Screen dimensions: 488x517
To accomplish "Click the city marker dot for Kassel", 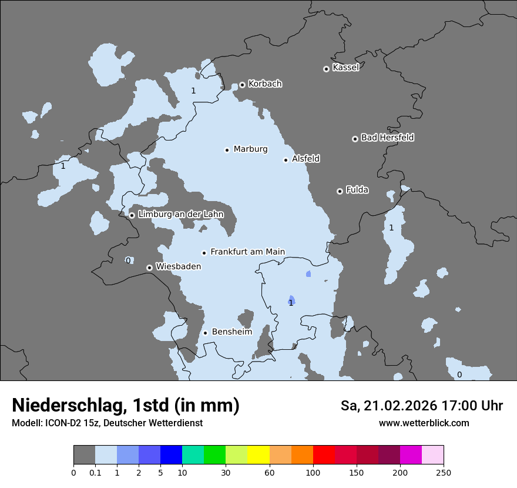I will (x=326, y=69).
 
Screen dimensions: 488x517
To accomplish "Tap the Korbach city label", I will (x=265, y=84).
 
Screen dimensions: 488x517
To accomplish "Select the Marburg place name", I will (x=250, y=149).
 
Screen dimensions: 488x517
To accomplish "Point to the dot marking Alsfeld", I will (x=286, y=160).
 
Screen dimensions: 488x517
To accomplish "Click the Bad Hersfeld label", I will (x=387, y=138).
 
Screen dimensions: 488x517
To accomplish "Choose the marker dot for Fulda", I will (x=340, y=191).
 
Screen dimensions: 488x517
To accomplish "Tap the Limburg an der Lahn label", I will (x=180, y=215).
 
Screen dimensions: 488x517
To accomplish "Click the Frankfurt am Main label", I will (x=247, y=252).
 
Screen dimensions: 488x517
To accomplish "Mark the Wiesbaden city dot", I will (x=149, y=268).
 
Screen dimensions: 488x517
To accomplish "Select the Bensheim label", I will (x=231, y=332).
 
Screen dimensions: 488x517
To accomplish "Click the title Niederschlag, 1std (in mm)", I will (x=126, y=405).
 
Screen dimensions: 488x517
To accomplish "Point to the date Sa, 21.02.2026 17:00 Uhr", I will (x=422, y=406).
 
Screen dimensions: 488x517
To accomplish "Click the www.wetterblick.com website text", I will (x=424, y=423).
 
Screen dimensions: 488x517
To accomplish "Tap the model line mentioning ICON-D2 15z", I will (x=107, y=423).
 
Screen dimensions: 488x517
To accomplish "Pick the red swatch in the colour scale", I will (x=324, y=455).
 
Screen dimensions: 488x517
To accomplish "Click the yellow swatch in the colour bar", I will (x=258, y=455).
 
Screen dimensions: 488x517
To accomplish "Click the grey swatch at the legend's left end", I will (x=84, y=455).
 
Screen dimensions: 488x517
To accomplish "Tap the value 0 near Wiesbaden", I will (x=128, y=260).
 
